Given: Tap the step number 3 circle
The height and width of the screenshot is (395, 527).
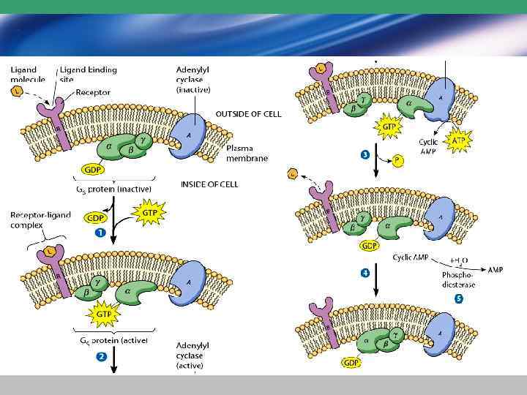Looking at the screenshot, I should (x=365, y=155).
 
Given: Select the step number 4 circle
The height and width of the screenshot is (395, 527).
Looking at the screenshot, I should (x=365, y=274).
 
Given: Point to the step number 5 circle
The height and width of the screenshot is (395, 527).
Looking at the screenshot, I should (x=459, y=298).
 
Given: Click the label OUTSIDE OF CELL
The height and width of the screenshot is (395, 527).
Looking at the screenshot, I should (x=248, y=114).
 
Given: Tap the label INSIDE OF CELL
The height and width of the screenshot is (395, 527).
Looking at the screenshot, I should (x=209, y=184).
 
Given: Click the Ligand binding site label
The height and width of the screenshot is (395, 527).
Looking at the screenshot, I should (x=88, y=74).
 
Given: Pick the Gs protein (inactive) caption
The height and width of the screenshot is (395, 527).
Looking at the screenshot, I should (x=116, y=189).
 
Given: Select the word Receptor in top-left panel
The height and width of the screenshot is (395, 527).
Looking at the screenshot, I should (x=93, y=93).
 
